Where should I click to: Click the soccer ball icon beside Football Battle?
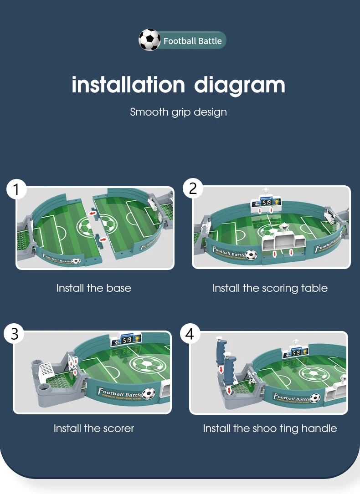(149, 40)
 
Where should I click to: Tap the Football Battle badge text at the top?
(192, 41)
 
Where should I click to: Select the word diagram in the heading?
(240, 86)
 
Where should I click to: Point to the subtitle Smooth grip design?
(178, 112)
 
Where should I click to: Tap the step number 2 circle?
(193, 188)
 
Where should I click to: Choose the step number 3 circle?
(15, 334)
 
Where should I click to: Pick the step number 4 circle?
(190, 334)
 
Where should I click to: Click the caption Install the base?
(93, 288)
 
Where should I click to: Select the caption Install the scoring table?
(270, 288)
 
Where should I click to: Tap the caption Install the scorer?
(93, 428)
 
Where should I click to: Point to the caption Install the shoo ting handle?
(270, 428)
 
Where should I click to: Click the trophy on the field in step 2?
(285, 226)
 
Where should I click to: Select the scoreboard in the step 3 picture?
(125, 340)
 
